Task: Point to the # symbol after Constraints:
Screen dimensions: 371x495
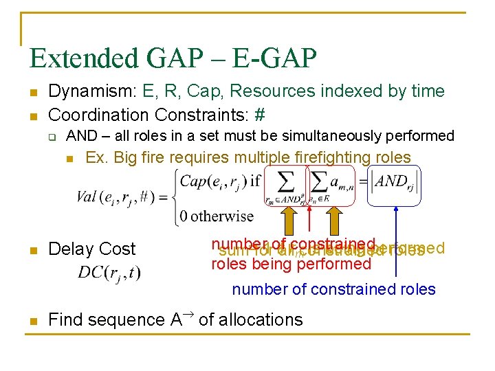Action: tap(260, 114)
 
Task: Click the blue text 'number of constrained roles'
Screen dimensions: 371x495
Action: tap(333, 289)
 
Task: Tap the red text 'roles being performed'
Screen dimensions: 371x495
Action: tap(291, 265)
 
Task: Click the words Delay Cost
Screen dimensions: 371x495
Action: tap(92, 249)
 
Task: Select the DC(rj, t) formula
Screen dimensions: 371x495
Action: tap(109, 273)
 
